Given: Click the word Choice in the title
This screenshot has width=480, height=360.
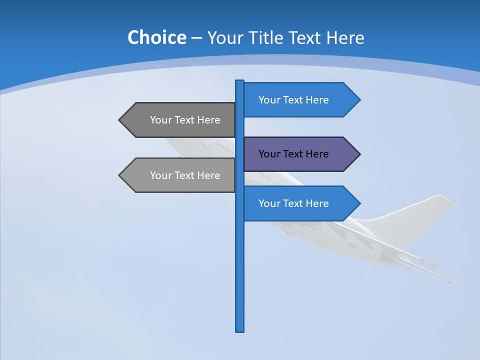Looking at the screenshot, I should [156, 37].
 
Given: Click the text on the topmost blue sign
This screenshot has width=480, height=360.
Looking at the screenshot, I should [293, 100].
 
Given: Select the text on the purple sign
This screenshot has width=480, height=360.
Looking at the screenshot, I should [293, 154].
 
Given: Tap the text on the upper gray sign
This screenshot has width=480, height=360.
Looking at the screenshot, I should [185, 120].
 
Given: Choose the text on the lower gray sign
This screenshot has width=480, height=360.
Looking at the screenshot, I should [185, 175].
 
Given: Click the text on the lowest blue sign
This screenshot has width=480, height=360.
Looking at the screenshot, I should [293, 203].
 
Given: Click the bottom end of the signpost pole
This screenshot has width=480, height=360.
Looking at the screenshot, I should [240, 330].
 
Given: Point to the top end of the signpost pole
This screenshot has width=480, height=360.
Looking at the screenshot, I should [240, 81].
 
